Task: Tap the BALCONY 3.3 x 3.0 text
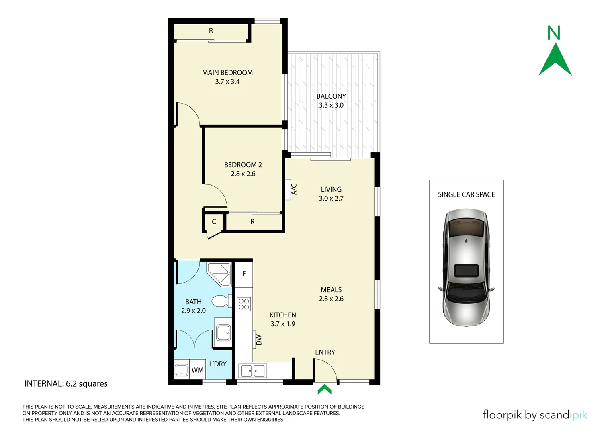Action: click(331, 100)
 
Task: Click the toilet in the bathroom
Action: click(220, 301)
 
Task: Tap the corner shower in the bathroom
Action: click(220, 273)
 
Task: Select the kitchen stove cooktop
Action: click(244, 304)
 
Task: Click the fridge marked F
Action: click(244, 274)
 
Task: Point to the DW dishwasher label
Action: click(259, 340)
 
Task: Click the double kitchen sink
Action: click(252, 371)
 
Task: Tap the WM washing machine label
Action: click(197, 370)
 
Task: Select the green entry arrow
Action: click(324, 389)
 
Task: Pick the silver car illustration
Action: click(466, 267)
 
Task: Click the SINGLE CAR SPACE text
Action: click(466, 194)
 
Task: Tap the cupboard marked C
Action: click(214, 221)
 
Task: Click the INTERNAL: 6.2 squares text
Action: click(66, 383)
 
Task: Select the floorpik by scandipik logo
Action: click(535, 414)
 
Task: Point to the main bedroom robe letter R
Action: click(211, 31)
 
